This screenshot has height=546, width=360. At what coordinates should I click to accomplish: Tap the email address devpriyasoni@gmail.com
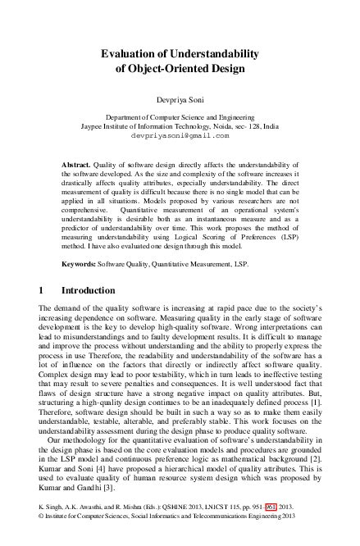[x=180, y=136]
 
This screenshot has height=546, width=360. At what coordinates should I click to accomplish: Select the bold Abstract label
[x=77, y=165]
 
